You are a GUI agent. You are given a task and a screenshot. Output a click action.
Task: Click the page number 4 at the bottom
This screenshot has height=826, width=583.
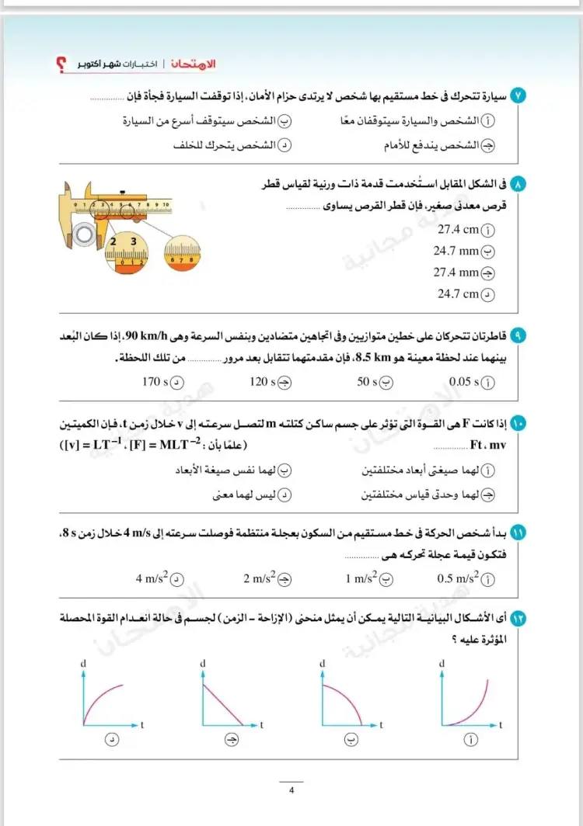[x=291, y=791]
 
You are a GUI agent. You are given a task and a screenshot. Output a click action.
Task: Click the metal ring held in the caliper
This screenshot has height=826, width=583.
[x=82, y=233]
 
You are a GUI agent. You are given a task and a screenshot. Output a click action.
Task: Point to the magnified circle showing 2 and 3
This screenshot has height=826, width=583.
[x=125, y=253]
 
